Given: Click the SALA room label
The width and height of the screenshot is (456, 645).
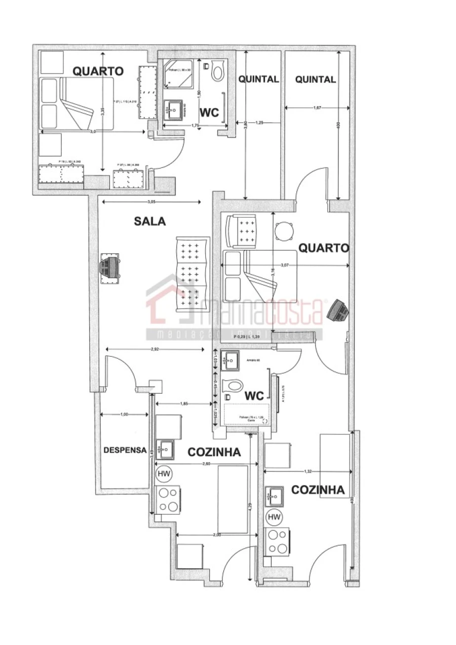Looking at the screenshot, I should [x=150, y=221].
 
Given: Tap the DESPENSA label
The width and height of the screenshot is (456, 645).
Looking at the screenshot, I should [x=125, y=450].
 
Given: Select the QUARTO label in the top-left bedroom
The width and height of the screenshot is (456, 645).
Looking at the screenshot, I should [x=98, y=72].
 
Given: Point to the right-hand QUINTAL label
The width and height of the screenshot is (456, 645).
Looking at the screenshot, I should [x=315, y=80].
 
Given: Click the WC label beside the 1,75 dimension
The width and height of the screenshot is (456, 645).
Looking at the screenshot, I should [x=209, y=113].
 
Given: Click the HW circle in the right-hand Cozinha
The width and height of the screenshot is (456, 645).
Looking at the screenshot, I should [x=274, y=517].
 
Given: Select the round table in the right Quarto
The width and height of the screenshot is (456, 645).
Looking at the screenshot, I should [x=284, y=231].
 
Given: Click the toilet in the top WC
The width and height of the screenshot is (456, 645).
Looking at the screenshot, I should [x=218, y=71].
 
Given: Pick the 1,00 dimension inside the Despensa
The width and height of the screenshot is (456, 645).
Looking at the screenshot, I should [x=124, y=415].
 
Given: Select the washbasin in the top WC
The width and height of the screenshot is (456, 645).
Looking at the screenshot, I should [x=175, y=109].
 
